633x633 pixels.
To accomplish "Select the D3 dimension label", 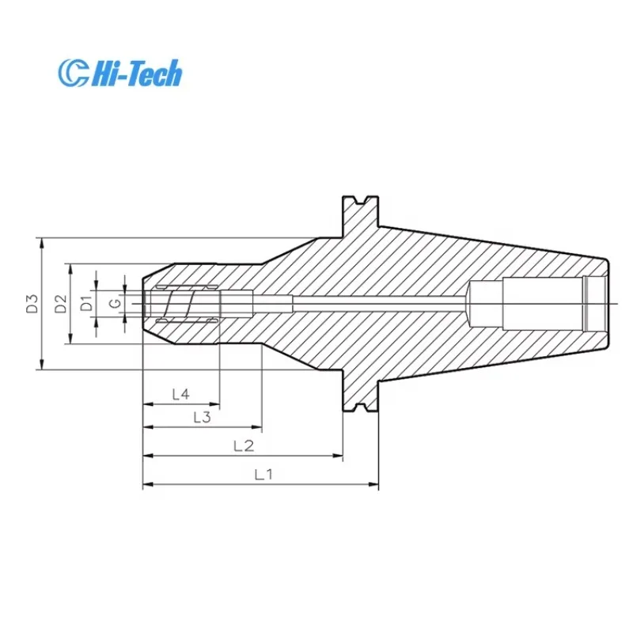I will [31, 303].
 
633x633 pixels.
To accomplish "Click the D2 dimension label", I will [60, 303].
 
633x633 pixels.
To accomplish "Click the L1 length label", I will [263, 475].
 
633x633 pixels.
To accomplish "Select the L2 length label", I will [243, 446].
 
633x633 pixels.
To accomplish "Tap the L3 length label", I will [201, 418].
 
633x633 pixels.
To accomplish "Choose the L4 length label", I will [180, 393].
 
